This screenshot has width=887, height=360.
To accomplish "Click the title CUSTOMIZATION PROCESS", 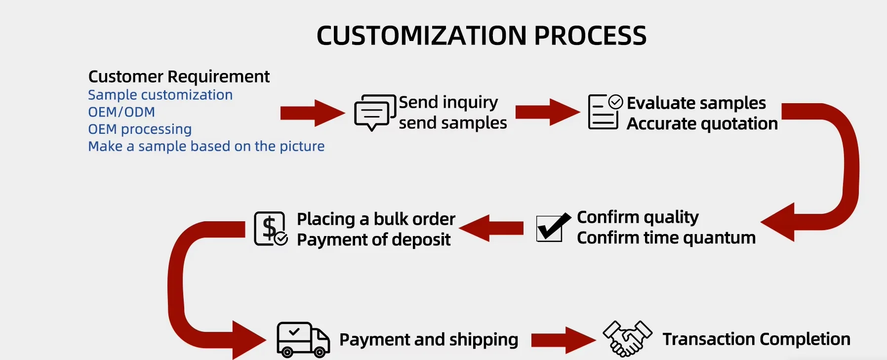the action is coord(482,36).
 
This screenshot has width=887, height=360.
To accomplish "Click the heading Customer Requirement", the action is coord(179,77).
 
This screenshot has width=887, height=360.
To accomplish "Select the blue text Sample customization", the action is coord(160,95).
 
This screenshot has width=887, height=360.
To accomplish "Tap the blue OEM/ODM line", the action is coord(121,112).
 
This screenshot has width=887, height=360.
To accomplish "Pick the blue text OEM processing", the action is coord(140,129).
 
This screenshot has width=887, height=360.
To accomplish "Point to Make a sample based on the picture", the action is coord(206,146).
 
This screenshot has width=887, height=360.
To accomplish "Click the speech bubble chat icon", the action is coord(374,112).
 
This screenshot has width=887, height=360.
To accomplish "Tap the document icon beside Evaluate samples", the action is coord(604,112).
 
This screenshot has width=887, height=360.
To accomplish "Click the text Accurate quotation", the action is coord(702,123).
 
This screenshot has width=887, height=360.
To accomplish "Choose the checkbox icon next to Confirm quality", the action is coord(552,228).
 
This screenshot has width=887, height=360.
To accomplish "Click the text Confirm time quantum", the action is coord(666,238).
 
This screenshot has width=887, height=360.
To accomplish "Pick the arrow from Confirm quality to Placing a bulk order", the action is coord(491,228).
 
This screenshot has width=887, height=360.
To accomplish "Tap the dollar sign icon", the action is coord(270,229).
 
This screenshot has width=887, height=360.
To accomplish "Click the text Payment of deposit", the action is coord(373,240).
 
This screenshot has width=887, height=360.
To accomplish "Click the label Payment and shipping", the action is coord(429,340).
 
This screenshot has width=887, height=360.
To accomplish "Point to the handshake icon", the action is coord(627,338).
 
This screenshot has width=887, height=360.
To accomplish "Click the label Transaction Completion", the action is coord(756,339).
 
